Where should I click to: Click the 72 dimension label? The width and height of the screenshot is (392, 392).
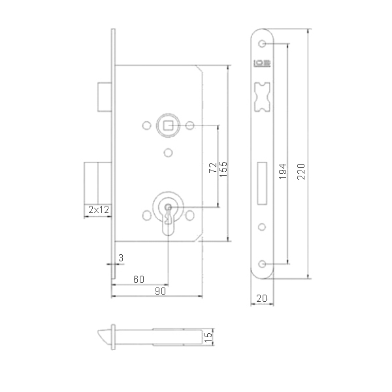(213, 167)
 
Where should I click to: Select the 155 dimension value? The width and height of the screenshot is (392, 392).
(223, 169)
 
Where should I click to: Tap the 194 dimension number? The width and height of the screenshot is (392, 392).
(283, 171)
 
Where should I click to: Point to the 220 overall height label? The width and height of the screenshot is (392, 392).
(301, 171)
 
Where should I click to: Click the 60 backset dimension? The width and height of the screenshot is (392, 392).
(139, 279)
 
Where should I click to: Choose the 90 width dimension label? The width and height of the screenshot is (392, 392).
(160, 291)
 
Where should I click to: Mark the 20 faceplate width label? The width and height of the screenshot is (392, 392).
(261, 298)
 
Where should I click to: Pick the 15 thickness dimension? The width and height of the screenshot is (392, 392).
(208, 337)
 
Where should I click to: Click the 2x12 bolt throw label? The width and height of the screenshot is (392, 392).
(99, 210)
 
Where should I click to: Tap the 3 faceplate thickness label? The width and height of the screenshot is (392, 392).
(121, 257)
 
